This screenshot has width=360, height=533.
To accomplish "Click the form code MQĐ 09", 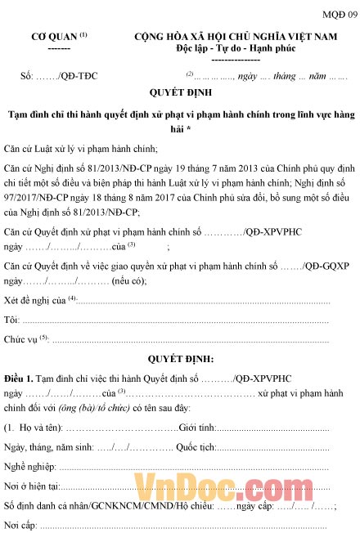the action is (340, 15).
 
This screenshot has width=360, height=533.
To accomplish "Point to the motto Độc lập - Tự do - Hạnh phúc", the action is (236, 48).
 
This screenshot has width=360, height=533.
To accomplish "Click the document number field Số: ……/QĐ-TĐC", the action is (59, 76).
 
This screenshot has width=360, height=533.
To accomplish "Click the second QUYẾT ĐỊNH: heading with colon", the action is (180, 358).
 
